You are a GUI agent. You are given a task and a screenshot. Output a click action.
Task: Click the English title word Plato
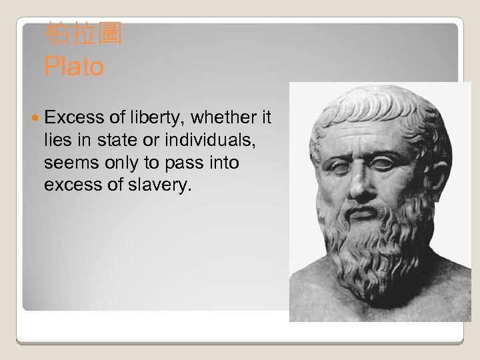[74, 67]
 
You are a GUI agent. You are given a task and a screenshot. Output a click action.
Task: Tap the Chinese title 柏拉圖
[83, 33]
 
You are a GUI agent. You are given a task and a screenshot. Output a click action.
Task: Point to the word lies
[57, 141]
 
